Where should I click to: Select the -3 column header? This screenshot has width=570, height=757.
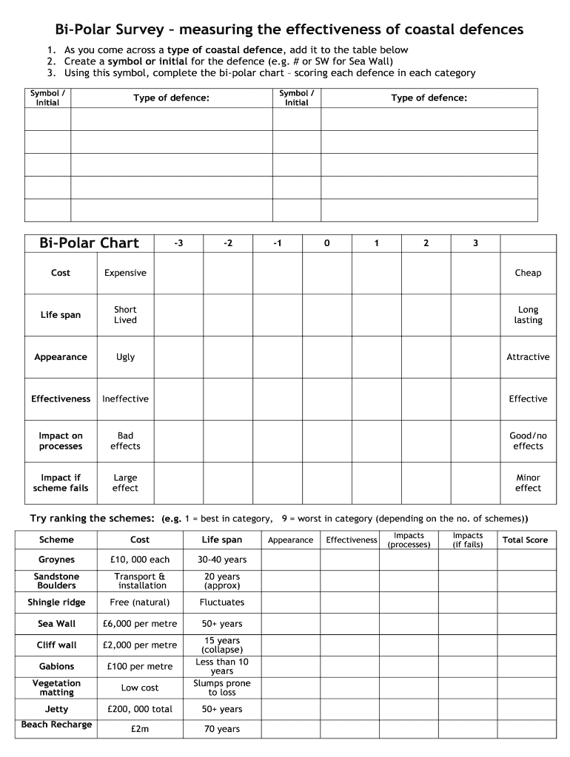pos(178,243)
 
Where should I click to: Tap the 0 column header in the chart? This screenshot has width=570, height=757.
pos(326,243)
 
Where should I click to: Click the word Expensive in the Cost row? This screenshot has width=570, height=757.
pos(125,273)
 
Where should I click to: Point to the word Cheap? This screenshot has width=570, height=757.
pos(528,273)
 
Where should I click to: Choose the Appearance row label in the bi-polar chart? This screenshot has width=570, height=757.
pos(61,357)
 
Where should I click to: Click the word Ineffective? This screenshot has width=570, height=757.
pos(125,399)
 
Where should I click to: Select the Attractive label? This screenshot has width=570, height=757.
pos(528,357)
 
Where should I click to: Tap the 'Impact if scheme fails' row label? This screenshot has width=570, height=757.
pos(61,483)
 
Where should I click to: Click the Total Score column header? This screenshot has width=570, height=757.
pos(525,540)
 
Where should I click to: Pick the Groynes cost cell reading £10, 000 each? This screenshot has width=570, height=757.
pos(140,560)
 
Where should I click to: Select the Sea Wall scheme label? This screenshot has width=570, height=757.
pos(57,624)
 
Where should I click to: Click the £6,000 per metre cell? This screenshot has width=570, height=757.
pos(140,624)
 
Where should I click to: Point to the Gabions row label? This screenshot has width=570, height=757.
pos(57,666)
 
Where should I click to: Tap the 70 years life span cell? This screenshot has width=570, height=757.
pos(222,729)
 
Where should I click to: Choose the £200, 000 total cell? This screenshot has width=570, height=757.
pos(140,709)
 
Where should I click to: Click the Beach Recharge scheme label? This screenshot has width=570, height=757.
pos(57,724)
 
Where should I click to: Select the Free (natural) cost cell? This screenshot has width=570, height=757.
pos(140,602)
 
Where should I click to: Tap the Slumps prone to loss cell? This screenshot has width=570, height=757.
pos(222,688)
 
